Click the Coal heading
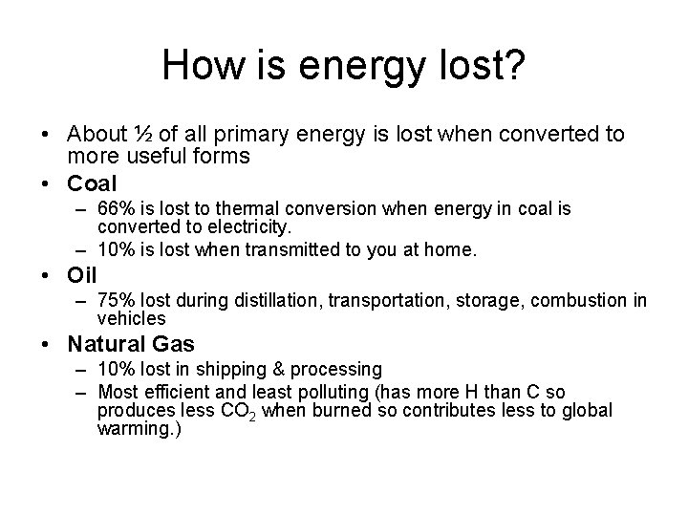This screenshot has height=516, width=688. point(92,183)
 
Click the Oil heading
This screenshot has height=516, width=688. point(82,275)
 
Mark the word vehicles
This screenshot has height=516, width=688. point(131,319)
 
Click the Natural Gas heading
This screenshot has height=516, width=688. point(130,345)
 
